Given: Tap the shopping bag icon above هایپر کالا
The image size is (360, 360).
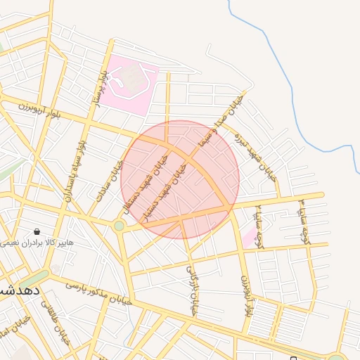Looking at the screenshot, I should pos(37,231).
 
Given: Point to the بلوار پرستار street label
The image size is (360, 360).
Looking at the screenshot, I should pos(100,88).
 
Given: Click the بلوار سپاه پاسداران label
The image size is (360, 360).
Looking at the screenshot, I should pos(73,171).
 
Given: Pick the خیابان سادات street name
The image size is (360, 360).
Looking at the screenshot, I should pos(110,181).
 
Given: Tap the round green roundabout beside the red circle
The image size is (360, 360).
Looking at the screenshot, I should pos(119,226).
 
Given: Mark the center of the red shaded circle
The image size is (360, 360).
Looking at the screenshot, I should pos(180,179).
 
